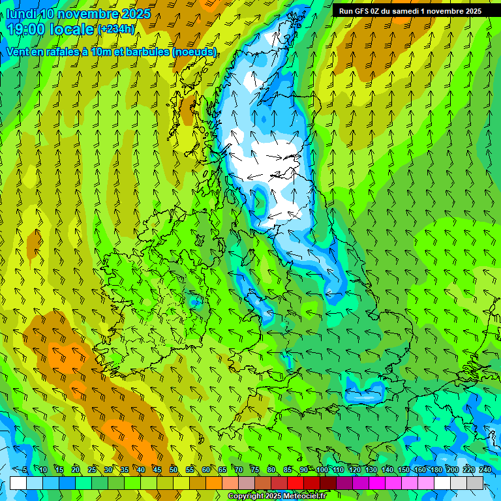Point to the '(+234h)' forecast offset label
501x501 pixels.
coord(116,29)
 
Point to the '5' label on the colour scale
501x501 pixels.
coord(25,470)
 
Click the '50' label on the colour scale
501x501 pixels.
coord(173,470)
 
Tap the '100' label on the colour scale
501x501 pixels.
coord(322,470)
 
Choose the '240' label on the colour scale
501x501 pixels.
coord(485,470)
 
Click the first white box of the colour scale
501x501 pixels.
coord(18,483)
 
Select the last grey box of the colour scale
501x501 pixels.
coord(475,483)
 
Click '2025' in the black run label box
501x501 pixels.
coord(470,11)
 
